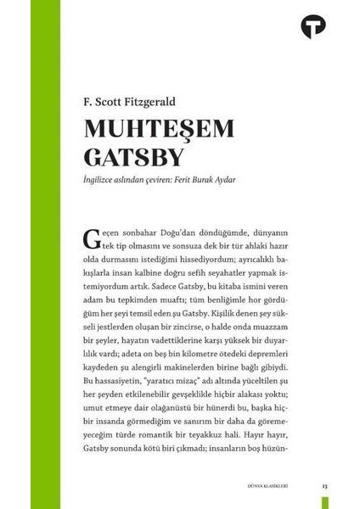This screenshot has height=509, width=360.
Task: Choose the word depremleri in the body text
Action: (x=268, y=350)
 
